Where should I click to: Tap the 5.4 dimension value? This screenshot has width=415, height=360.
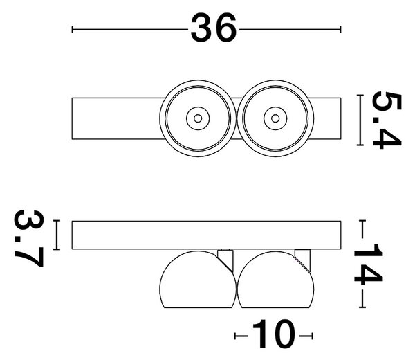387,120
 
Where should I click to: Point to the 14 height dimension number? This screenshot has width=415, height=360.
369,264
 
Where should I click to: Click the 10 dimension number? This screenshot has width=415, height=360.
273,334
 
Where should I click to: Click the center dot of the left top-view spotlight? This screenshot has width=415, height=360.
198,118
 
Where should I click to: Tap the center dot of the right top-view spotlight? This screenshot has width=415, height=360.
275,118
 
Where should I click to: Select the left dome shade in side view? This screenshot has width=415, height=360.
197,280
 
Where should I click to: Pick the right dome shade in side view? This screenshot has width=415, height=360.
275,280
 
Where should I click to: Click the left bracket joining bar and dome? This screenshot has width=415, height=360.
225,260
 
